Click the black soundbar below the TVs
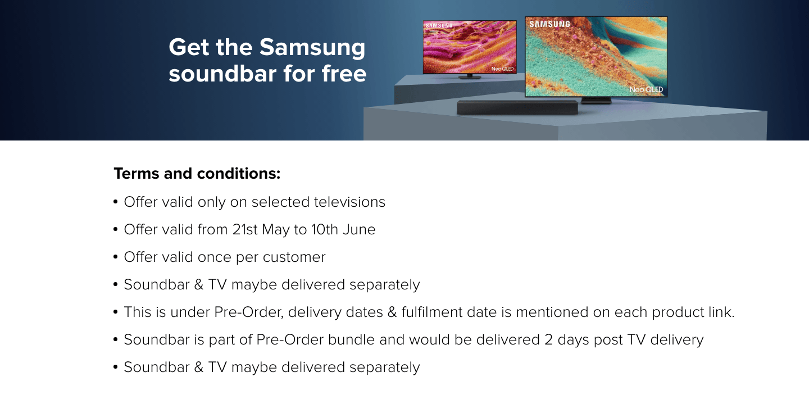(517, 108)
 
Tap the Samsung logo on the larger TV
(549, 24)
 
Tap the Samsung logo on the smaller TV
(439, 26)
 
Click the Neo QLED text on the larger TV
(646, 89)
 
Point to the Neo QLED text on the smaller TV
(502, 69)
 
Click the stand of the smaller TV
(470, 76)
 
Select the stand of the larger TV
(596, 101)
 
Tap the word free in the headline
(344, 74)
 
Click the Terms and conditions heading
(197, 174)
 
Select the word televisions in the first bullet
(349, 202)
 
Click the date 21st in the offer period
(245, 229)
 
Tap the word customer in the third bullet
(294, 257)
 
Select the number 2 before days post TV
(548, 340)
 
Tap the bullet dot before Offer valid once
(116, 257)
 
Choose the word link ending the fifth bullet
(721, 312)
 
